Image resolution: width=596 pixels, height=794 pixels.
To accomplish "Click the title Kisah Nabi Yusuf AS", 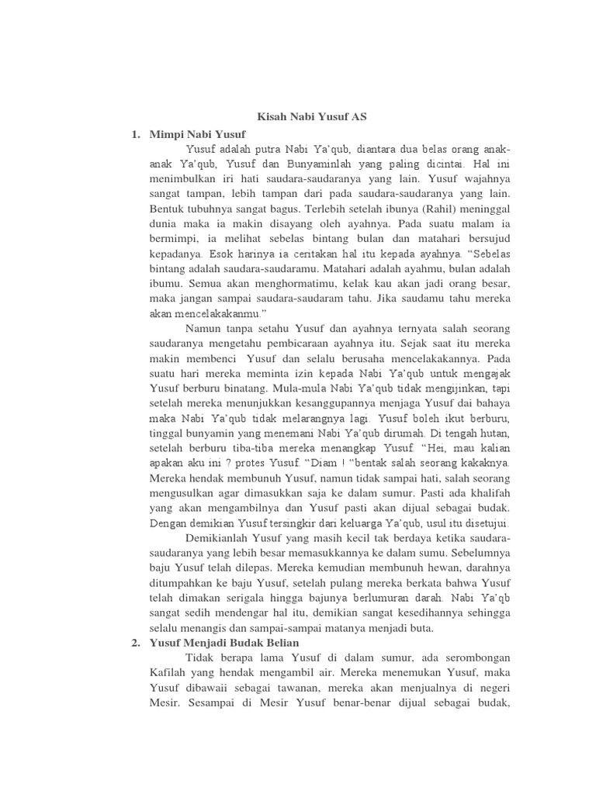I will (312, 117).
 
